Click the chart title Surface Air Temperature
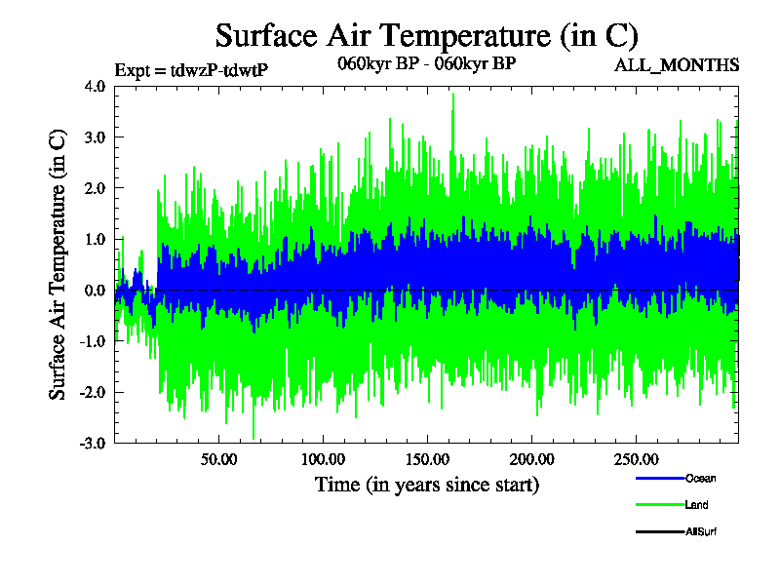pyautogui.click(x=426, y=36)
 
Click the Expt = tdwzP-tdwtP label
pyautogui.click(x=191, y=69)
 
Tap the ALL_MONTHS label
pyautogui.click(x=677, y=65)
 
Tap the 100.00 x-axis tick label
pyautogui.click(x=324, y=459)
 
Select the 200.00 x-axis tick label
pyautogui.click(x=531, y=459)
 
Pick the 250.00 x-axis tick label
pyautogui.click(x=635, y=459)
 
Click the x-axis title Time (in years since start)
pyautogui.click(x=427, y=484)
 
